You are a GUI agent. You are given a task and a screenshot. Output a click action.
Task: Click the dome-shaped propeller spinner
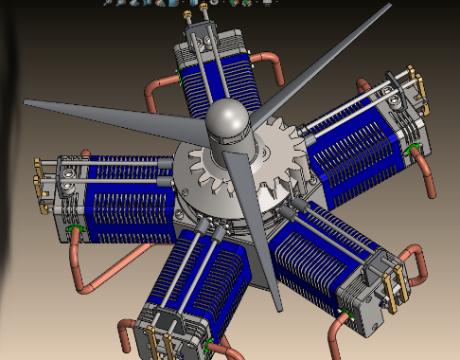coord(227,118)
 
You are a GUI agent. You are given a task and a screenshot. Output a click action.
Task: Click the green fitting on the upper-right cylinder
coord(409,149)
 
